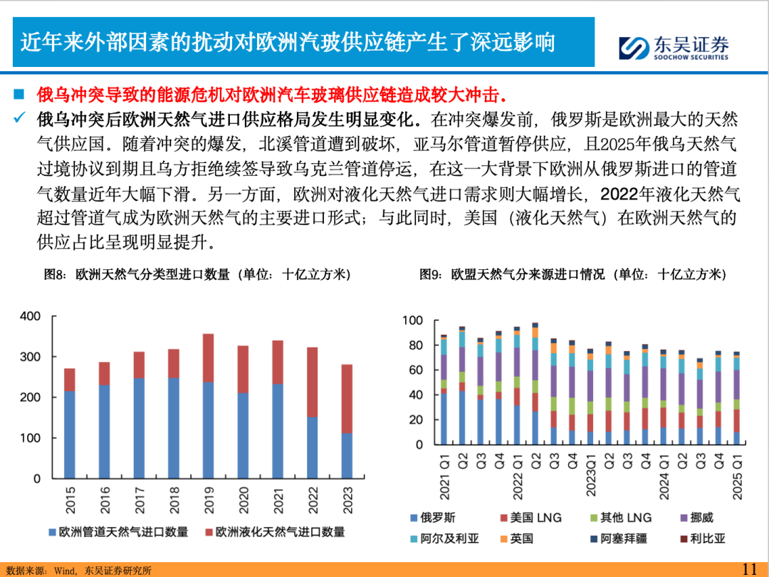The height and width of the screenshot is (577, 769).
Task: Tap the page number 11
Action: coord(749,568)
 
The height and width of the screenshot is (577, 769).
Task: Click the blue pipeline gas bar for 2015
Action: coord(69,434)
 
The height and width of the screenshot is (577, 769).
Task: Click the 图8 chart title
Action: coord(197,275)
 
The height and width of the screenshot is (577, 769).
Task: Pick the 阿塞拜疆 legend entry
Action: coord(617,539)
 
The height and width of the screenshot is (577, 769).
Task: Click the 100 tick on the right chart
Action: coord(413,321)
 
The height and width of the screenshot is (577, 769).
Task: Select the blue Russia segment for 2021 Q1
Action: coord(444,418)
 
